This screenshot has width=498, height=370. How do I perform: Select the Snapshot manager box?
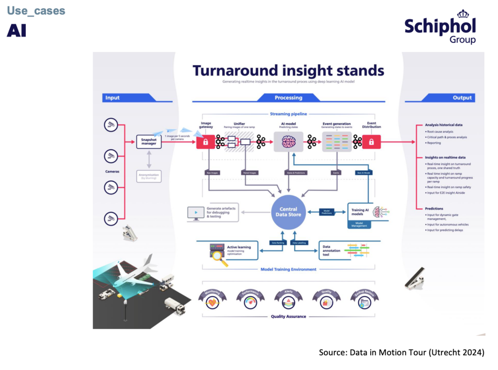[148, 142]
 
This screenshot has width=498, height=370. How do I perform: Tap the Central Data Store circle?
[288, 212]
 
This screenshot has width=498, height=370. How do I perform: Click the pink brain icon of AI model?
[289, 142]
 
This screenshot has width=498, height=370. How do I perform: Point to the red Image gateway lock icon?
[205, 142]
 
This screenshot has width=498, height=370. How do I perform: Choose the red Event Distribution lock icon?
[371, 142]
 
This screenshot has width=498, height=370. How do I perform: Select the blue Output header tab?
[462, 98]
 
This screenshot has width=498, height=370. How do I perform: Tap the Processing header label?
[288, 98]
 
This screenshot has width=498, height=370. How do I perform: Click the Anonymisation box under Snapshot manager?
[148, 176]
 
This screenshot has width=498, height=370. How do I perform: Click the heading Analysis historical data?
[444, 125]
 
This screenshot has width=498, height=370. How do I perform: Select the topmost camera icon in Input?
[111, 125]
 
